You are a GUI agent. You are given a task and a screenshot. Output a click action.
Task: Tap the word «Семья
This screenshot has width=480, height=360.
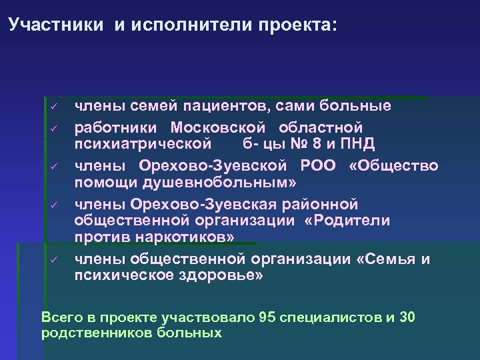pyautogui.click(x=386, y=259)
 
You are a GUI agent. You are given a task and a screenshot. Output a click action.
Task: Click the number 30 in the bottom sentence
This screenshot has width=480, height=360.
pyautogui.click(x=407, y=317)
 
